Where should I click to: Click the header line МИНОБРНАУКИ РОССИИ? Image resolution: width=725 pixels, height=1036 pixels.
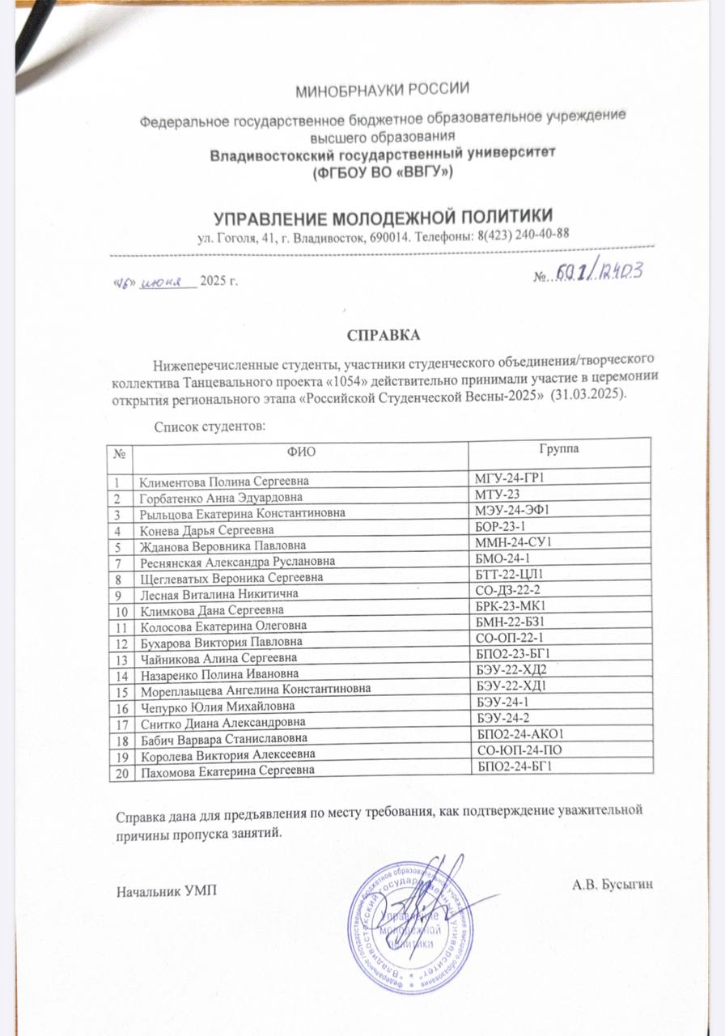tap(383, 89)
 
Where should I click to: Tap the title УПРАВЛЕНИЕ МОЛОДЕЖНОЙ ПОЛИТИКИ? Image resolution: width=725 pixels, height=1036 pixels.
tap(384, 217)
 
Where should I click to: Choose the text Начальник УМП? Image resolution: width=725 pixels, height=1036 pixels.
tap(167, 893)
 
